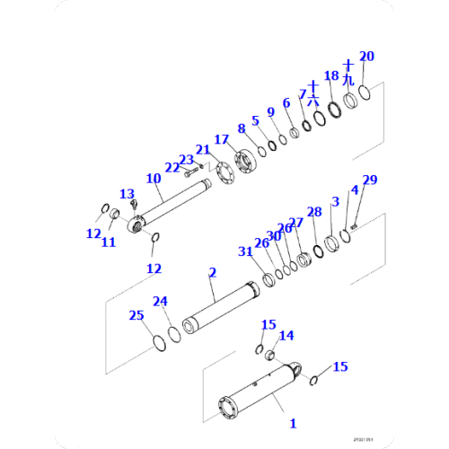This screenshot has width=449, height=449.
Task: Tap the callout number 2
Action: pyautogui.click(x=212, y=270)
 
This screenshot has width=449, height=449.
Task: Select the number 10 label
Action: pyautogui.click(x=154, y=178)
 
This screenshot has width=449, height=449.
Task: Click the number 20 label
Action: pyautogui.click(x=366, y=57)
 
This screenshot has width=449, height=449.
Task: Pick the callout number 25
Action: pyautogui.click(x=136, y=315)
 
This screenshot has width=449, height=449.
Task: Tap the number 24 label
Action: pyautogui.click(x=160, y=301)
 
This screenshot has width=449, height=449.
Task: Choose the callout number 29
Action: pyautogui.click(x=370, y=180)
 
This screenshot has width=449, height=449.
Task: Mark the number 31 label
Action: pyautogui.click(x=245, y=251)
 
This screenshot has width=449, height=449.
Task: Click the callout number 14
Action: pyautogui.click(x=286, y=336)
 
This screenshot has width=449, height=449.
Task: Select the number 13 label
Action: pyautogui.click(x=127, y=193)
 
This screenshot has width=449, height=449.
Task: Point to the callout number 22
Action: pyautogui.click(x=172, y=167)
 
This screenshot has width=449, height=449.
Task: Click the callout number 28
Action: pyautogui.click(x=313, y=212)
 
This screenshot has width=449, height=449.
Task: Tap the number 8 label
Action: pyautogui.click(x=241, y=128)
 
